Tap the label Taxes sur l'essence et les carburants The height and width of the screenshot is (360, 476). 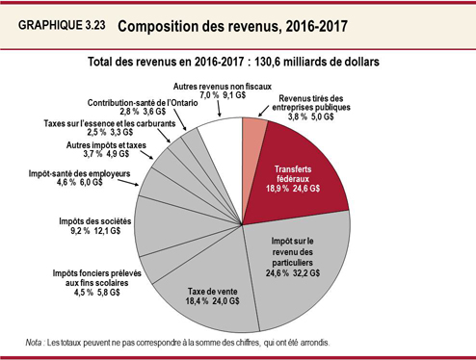point(108,122)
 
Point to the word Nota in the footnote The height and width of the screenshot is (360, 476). point(40,343)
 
